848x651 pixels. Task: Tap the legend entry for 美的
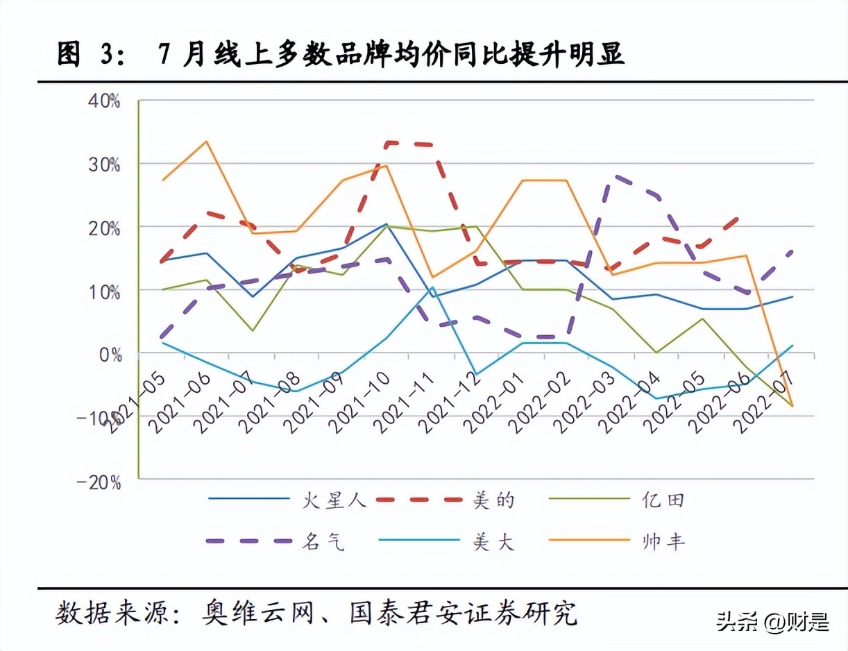coord(494,499)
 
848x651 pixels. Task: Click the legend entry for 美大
coord(494,541)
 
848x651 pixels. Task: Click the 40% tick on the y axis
coord(105,101)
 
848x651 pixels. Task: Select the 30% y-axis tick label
coord(105,164)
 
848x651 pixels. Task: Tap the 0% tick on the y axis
coord(110,354)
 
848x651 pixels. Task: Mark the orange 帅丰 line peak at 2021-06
coord(206,142)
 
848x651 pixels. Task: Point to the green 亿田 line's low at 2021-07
coord(252,330)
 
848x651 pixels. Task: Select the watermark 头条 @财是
coord(772,621)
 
